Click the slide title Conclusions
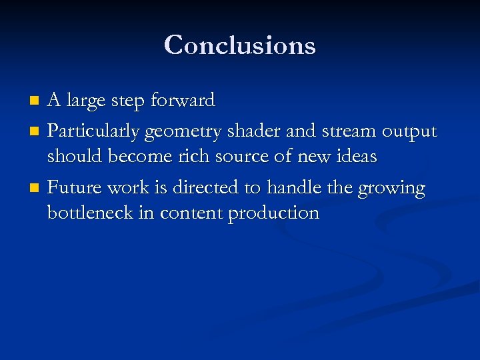point(239,45)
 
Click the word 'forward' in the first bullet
point(183,101)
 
